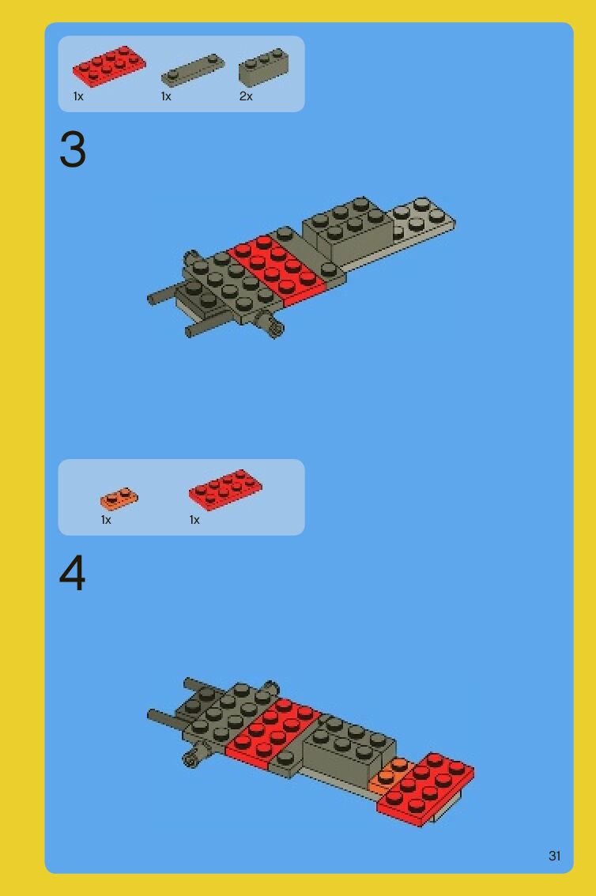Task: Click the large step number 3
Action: pyautogui.click(x=73, y=149)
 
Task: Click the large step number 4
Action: pyautogui.click(x=73, y=573)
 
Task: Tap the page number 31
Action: pyautogui.click(x=554, y=856)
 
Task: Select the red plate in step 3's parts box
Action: pyautogui.click(x=109, y=66)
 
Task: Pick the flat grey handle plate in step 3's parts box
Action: pyautogui.click(x=193, y=70)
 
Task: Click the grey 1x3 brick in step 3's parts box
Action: pyautogui.click(x=263, y=67)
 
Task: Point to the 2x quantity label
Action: pyautogui.click(x=246, y=96)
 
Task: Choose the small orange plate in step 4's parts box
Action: pyautogui.click(x=119, y=499)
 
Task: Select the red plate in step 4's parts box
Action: pyautogui.click(x=225, y=490)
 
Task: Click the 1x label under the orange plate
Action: pyautogui.click(x=106, y=520)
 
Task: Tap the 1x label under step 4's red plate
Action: pyautogui.click(x=194, y=520)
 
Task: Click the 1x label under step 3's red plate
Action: pyautogui.click(x=78, y=96)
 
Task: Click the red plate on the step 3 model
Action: pyautogui.click(x=277, y=269)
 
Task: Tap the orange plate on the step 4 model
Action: pyautogui.click(x=390, y=775)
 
